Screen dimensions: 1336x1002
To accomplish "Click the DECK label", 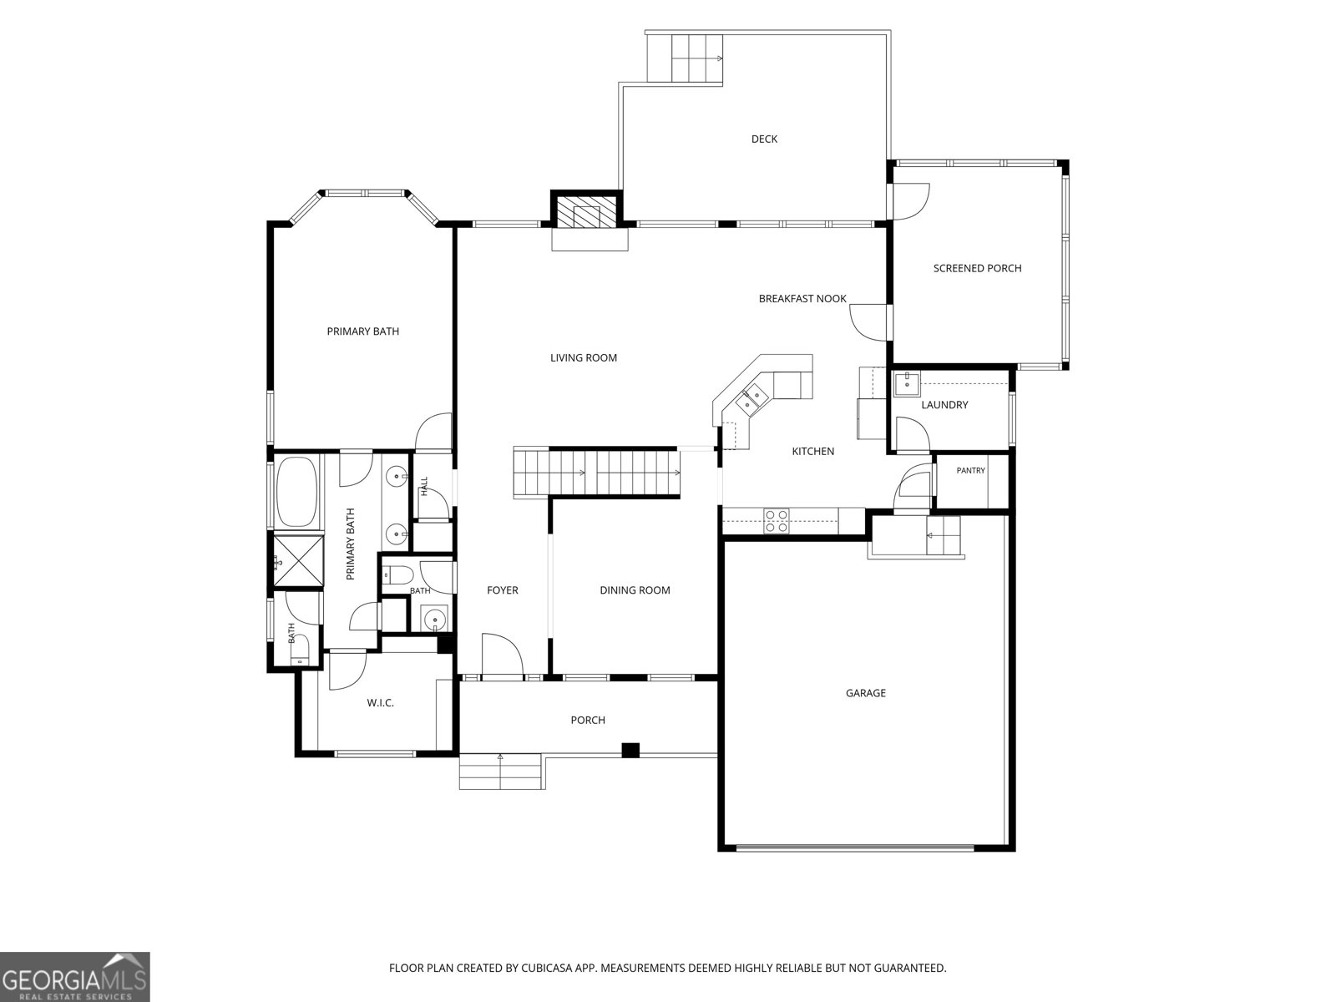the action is pyautogui.click(x=764, y=139).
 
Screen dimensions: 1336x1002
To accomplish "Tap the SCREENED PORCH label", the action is pyautogui.click(x=977, y=268).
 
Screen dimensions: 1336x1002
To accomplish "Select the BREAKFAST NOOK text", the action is pyautogui.click(x=802, y=299).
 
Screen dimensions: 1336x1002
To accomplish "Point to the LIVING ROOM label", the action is pyautogui.click(x=583, y=357).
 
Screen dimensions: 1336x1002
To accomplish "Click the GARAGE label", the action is pyautogui.click(x=866, y=693).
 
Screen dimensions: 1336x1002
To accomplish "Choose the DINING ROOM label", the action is pyautogui.click(x=635, y=590).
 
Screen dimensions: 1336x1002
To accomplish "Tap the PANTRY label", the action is pyautogui.click(x=970, y=470).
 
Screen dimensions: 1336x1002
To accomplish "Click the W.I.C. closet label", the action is pyautogui.click(x=380, y=703).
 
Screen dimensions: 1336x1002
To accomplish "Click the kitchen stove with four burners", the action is pyautogui.click(x=777, y=521).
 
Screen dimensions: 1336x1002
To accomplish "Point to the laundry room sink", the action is pyautogui.click(x=906, y=384).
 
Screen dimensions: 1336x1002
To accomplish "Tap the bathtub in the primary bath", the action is pyautogui.click(x=297, y=492).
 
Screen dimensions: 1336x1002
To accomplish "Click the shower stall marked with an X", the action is pyautogui.click(x=298, y=561).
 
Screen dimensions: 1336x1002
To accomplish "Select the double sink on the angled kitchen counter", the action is pyautogui.click(x=751, y=399).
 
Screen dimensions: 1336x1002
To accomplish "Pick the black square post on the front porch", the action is pyautogui.click(x=630, y=750).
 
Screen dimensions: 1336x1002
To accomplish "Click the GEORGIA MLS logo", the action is pyautogui.click(x=74, y=976).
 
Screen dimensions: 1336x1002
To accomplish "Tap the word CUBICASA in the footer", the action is pyautogui.click(x=546, y=968).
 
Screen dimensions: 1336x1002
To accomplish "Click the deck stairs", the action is pyautogui.click(x=685, y=58).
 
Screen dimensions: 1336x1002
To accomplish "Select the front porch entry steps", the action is pyautogui.click(x=500, y=772).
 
